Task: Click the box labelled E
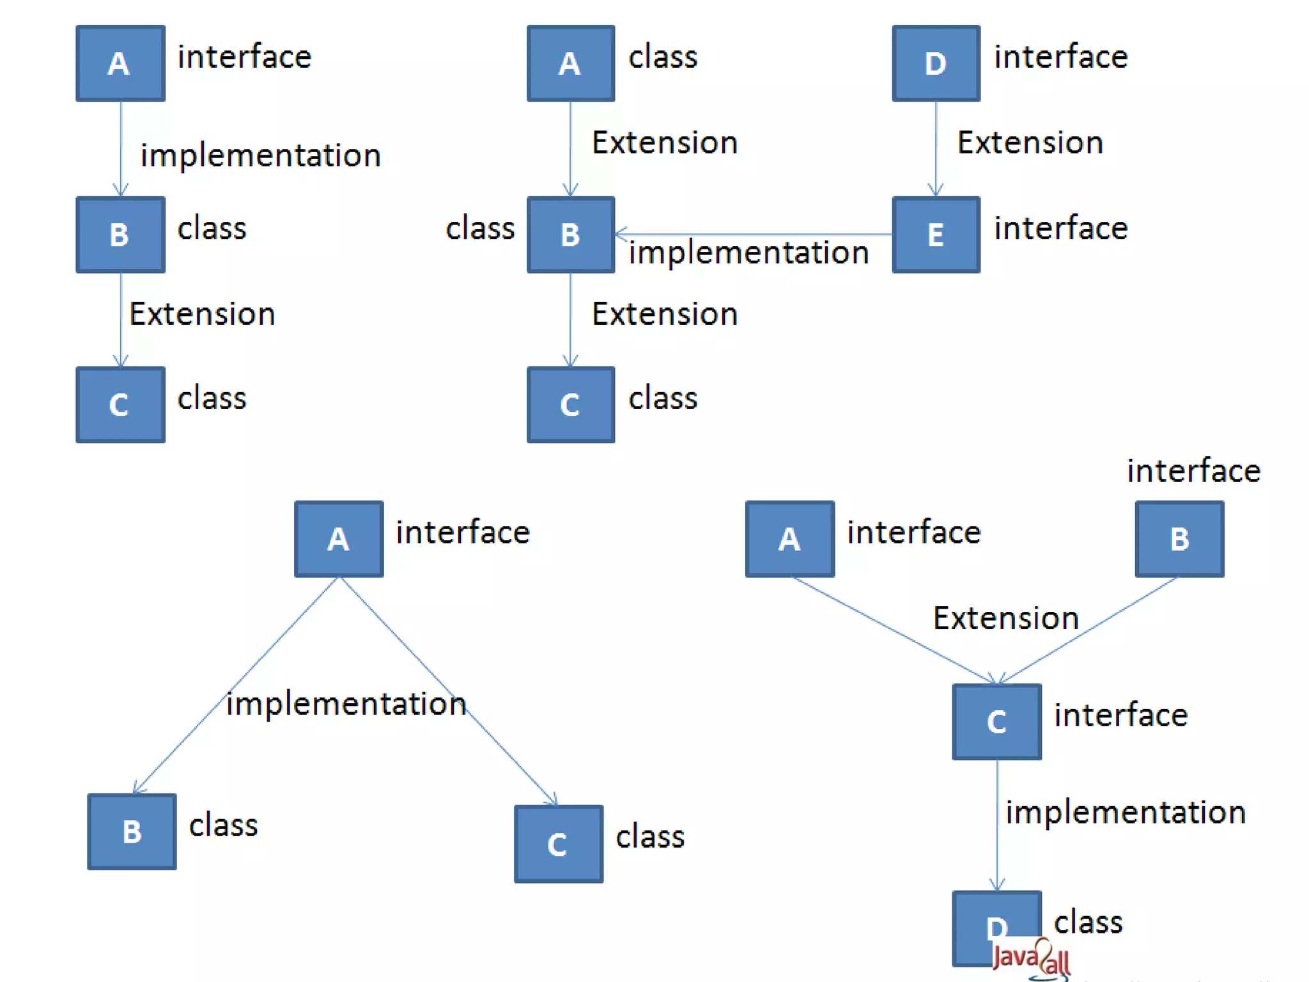point(936,235)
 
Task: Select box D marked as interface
point(936,63)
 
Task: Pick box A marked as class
point(570,63)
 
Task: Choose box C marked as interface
point(996,722)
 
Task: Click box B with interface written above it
point(1179,539)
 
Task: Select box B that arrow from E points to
point(570,235)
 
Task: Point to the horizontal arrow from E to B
point(754,234)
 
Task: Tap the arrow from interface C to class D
point(997,825)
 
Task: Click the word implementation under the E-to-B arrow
point(748,253)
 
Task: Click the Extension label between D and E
point(1030,143)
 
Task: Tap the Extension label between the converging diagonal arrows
point(1005,618)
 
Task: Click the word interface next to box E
point(1061,228)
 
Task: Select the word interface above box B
point(1193,471)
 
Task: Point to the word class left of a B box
point(480,228)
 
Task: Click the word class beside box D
point(1088,923)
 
